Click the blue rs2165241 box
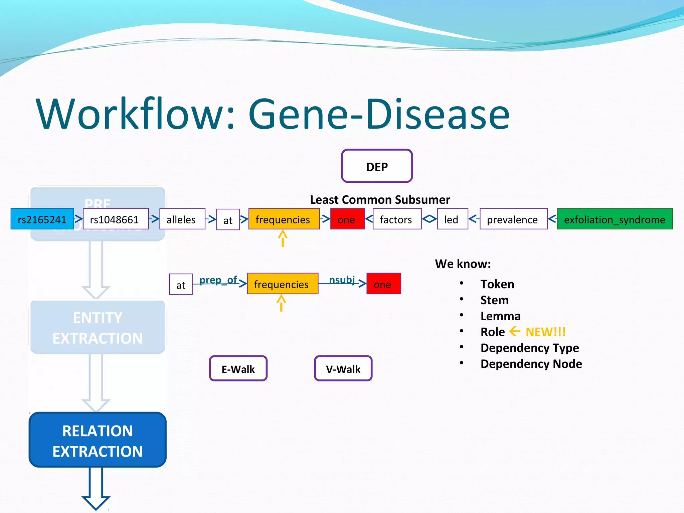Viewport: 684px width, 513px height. pos(42,219)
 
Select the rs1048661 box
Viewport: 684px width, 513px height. pos(116,219)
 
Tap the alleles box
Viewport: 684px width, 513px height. pos(182,219)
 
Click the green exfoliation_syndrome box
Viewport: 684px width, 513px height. pos(615,219)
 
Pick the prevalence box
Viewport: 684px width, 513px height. pos(513,219)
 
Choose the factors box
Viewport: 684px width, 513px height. pos(397,219)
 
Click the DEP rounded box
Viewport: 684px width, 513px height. pos(377,166)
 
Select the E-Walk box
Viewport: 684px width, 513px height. pos(238,369)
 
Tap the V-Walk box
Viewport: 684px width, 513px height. pos(343,369)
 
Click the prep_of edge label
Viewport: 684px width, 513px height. pos(218,280)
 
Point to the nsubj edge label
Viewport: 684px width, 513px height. pos(342,280)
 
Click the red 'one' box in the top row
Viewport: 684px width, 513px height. pos(347,219)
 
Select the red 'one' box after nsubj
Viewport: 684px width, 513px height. pos(383,284)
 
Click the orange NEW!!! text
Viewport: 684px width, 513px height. pos(545,332)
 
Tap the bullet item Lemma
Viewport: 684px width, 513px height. pos(500,316)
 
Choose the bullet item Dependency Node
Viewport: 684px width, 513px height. pos(531,364)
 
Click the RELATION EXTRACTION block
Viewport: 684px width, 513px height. pos(98,440)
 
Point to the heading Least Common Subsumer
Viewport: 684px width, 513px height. pos(380,199)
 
